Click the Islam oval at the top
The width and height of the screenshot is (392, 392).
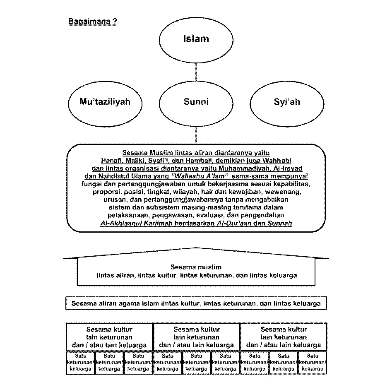(196, 39)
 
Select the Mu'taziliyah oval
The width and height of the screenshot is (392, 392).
(105, 102)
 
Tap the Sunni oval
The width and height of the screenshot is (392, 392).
(196, 102)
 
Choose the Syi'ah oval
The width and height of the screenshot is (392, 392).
(287, 102)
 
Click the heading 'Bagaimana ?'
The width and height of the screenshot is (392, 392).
(92, 22)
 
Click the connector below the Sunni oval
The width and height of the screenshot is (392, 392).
(196, 135)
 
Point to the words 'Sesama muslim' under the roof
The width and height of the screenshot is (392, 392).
(196, 267)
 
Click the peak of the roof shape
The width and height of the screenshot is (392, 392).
(196, 248)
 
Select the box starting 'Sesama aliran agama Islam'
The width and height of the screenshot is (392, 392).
(196, 303)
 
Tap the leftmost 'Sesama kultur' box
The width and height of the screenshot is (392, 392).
(109, 337)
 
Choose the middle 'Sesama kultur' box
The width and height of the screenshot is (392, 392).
(196, 337)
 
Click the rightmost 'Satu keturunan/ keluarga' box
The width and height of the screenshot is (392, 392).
(312, 363)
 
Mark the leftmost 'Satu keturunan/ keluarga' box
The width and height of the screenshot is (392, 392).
(80, 363)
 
